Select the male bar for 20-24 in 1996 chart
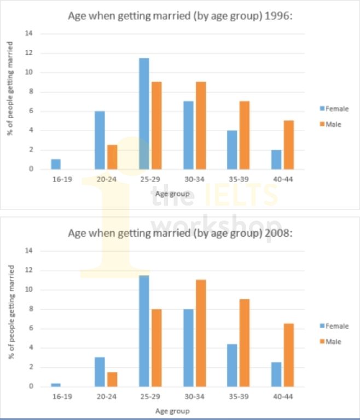tap(112, 157)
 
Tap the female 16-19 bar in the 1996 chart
tap(56, 164)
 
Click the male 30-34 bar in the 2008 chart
tap(201, 333)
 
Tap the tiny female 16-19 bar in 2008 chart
tap(56, 385)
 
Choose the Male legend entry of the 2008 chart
tap(333, 342)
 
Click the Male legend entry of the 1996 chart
tap(333, 125)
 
